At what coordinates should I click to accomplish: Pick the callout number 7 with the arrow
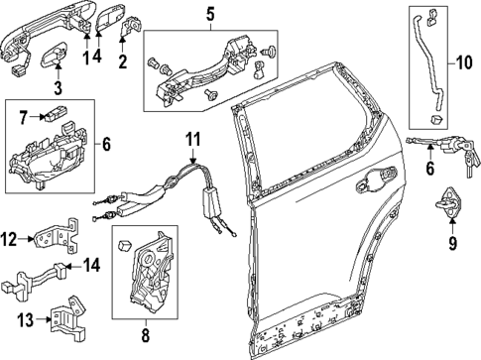(x=23, y=118)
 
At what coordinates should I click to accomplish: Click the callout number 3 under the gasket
(x=57, y=89)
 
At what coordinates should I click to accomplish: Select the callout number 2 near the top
(x=123, y=62)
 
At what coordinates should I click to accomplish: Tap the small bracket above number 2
(x=127, y=33)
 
